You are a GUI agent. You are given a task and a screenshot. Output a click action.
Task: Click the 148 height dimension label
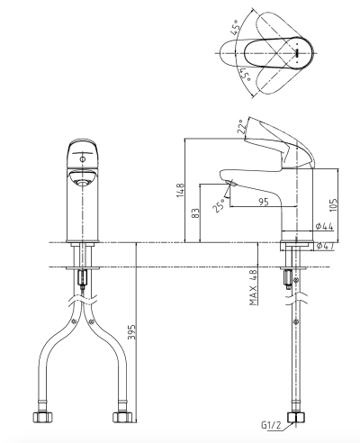(x=180, y=190)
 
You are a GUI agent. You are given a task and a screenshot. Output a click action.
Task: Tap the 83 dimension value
(x=195, y=212)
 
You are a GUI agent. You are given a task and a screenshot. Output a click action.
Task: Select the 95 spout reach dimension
(x=263, y=202)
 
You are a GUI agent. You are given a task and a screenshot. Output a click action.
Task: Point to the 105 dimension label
(x=333, y=205)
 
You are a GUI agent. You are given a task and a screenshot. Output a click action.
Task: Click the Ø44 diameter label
(x=324, y=226)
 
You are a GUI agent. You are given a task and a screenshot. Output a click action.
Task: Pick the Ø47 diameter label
(x=325, y=246)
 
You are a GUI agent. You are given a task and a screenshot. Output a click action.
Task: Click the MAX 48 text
(x=254, y=287)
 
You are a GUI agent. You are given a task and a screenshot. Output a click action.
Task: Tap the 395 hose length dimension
(x=132, y=331)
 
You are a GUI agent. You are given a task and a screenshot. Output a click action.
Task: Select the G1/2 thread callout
(x=272, y=425)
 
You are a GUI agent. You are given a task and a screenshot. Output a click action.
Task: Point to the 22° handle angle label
(x=242, y=127)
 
